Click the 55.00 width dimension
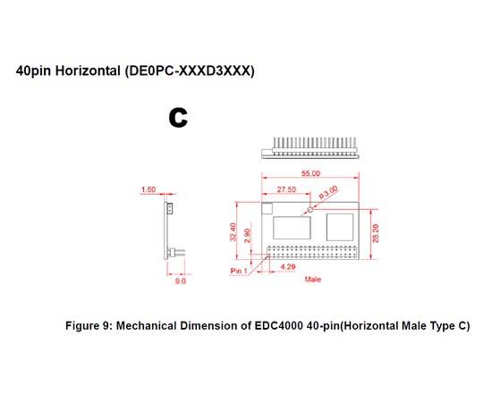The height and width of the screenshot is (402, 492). (x=310, y=173)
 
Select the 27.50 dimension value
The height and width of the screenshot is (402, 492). (x=286, y=189)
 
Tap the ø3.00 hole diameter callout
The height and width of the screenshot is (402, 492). (x=328, y=192)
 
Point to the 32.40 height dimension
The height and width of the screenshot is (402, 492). (x=233, y=232)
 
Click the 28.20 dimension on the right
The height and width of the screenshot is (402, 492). (x=376, y=233)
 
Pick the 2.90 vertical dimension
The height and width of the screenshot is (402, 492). (x=247, y=236)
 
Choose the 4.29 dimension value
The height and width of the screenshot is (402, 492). (x=288, y=266)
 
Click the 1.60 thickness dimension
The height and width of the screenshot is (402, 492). (x=148, y=189)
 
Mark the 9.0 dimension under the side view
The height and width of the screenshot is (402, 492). (x=181, y=281)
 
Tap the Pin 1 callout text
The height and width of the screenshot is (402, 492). (x=239, y=271)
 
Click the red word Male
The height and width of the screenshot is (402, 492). (x=313, y=280)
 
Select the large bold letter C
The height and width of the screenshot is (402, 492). (x=178, y=118)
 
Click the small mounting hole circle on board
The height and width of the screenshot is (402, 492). (x=310, y=209)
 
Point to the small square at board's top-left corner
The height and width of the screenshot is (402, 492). (x=267, y=208)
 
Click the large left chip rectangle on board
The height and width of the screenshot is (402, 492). (x=292, y=228)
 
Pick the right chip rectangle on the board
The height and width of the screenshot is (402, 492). (x=340, y=227)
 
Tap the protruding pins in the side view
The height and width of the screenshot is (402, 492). (x=178, y=252)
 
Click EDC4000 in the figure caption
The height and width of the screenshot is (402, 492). (x=278, y=326)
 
